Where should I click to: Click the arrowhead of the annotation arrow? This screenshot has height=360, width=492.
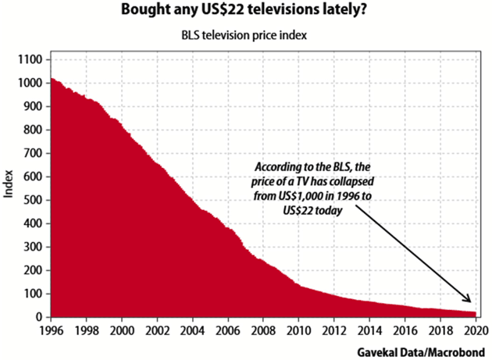(469, 300)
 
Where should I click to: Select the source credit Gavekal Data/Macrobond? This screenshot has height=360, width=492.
(423, 351)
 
